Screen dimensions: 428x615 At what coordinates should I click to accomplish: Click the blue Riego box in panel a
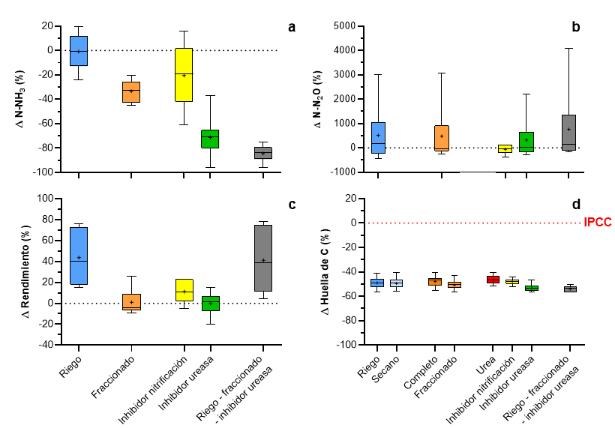(x=79, y=51)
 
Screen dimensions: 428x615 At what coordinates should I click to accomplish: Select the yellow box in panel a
(x=184, y=75)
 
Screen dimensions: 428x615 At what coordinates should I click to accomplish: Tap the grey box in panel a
(x=263, y=153)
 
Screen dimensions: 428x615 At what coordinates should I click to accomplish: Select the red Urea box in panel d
(x=493, y=280)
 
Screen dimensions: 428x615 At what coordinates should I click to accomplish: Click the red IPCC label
(x=597, y=223)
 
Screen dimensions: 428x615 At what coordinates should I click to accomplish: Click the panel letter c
(x=292, y=204)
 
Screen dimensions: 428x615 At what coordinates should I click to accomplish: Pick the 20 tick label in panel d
(x=345, y=199)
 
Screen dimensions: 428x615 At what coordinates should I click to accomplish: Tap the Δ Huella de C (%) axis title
(x=325, y=271)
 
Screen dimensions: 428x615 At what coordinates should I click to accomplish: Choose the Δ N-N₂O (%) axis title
(x=319, y=100)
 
